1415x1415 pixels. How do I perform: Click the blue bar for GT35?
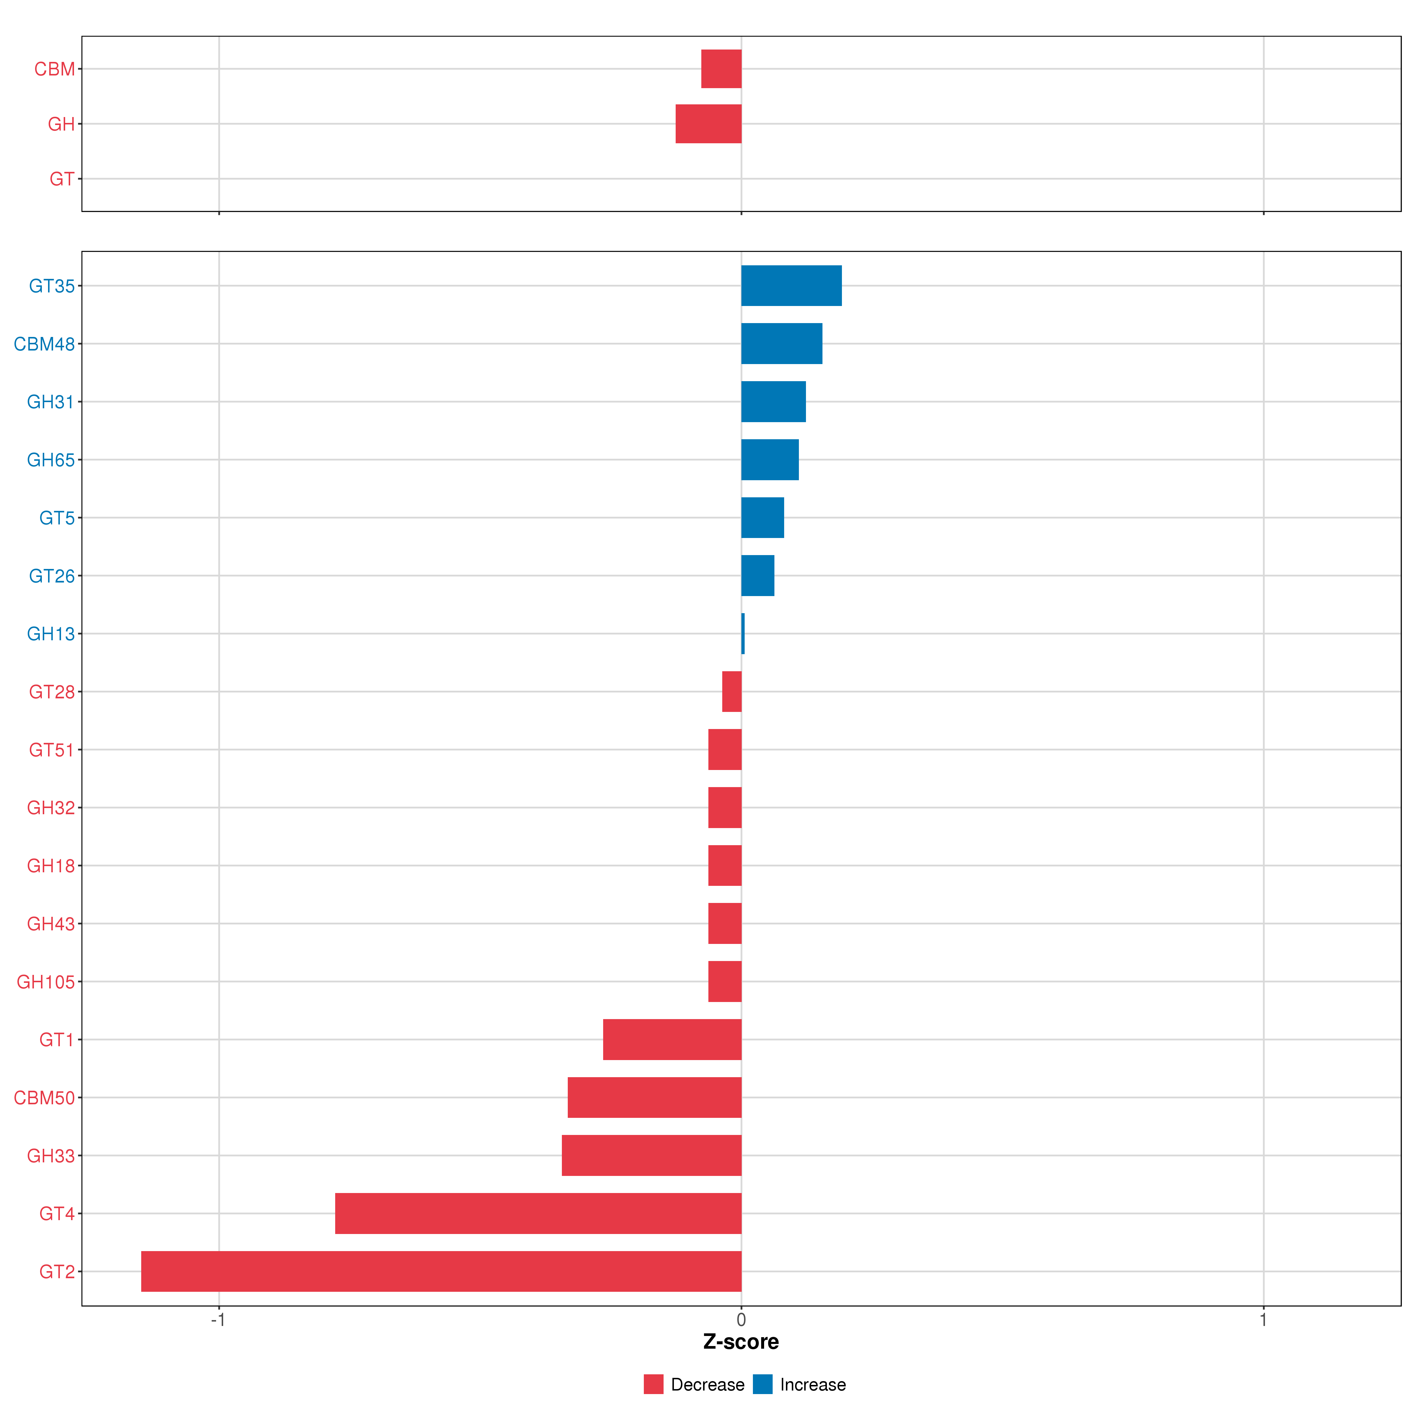[x=791, y=286]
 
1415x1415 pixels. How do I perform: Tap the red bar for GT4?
[x=538, y=1214]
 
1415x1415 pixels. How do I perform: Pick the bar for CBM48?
[x=781, y=343]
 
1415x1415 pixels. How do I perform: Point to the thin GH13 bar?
[x=743, y=634]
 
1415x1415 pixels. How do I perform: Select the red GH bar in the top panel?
[x=708, y=124]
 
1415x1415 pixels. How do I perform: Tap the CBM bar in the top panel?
[x=721, y=69]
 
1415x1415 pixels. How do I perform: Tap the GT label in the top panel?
[x=62, y=179]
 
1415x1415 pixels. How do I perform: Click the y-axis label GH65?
[x=50, y=460]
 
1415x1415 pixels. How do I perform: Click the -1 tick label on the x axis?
[x=218, y=1321]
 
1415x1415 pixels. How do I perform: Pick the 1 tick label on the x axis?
[x=1263, y=1321]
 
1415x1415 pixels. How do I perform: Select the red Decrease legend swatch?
[x=653, y=1384]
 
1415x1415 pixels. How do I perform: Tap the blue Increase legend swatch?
[x=762, y=1384]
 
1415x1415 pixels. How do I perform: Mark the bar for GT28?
[x=732, y=691]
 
